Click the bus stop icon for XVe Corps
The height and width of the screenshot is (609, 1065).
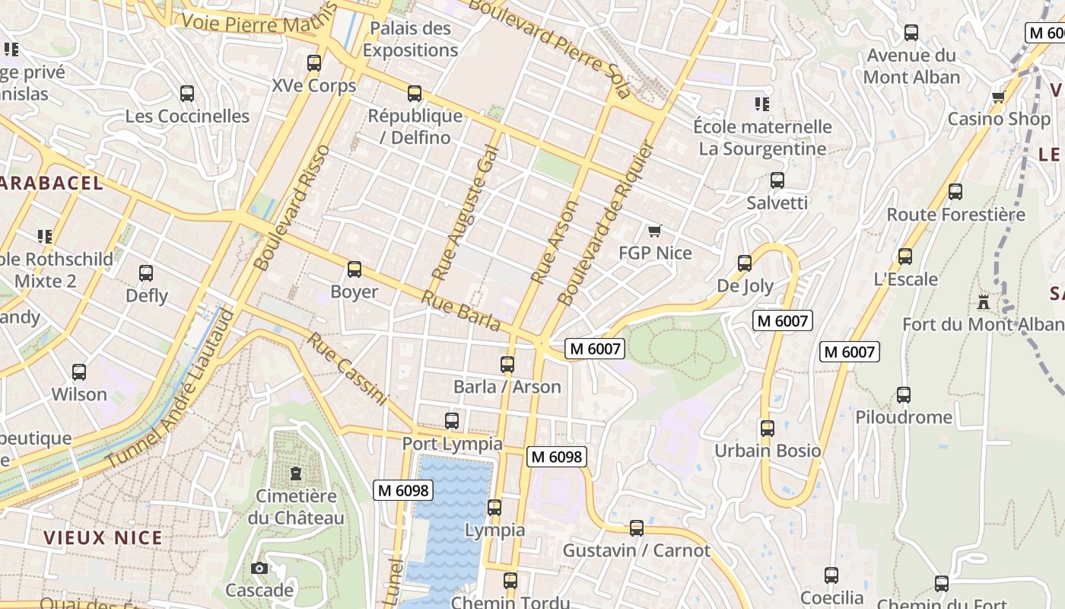313,63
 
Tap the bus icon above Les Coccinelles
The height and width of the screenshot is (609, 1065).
186,94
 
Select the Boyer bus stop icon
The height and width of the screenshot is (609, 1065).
354,269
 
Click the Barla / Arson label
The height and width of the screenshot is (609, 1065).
507,387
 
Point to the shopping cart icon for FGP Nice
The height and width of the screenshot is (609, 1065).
653,231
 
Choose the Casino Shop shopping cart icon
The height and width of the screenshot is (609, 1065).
998,97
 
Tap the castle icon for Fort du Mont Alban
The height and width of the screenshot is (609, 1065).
984,301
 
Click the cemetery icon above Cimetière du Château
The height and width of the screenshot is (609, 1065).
295,474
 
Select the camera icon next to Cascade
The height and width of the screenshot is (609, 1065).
259,568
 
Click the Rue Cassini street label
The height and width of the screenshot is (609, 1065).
347,368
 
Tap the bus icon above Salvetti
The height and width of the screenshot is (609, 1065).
777,180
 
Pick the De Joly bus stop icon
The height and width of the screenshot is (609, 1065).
745,263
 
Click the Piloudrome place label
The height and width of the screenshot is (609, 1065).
903,417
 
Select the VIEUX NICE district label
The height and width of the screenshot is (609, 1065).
103,537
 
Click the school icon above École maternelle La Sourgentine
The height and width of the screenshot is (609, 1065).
761,104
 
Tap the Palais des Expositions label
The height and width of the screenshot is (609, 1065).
410,40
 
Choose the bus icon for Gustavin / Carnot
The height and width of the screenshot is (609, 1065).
636,528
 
